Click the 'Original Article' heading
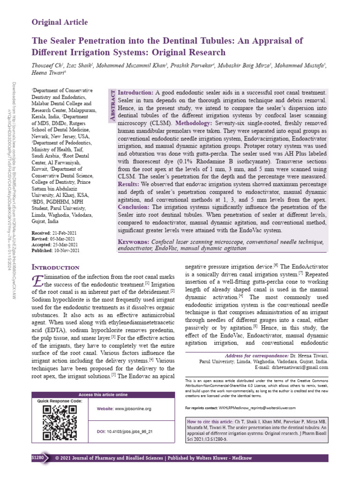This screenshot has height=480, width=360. click(60, 22)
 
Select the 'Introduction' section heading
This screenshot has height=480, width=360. click(55, 267)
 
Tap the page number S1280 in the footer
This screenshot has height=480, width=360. click(37, 457)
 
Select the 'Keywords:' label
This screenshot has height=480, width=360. click(134, 242)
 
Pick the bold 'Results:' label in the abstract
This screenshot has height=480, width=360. click(132, 185)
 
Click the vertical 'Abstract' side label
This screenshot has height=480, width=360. click(112, 107)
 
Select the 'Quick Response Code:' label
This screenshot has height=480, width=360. click(60, 401)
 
